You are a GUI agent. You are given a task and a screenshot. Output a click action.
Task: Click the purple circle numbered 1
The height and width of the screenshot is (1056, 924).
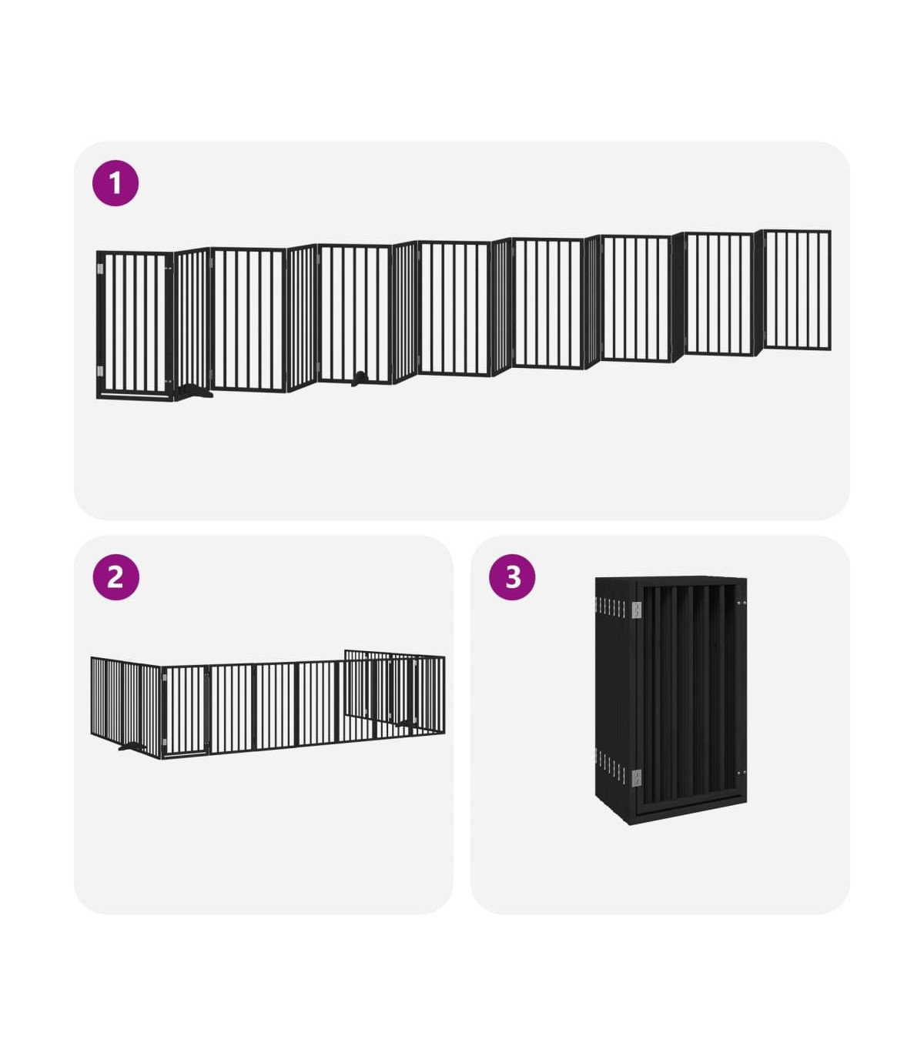tap(115, 183)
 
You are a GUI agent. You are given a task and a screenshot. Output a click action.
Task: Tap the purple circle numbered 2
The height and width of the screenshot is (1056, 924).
tap(115, 576)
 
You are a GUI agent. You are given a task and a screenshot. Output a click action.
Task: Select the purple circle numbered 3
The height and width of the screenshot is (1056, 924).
tap(512, 576)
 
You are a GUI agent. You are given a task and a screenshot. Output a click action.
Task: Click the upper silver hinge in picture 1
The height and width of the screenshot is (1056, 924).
tap(100, 269)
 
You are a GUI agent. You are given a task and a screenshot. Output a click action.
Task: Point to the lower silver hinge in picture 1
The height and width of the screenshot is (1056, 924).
tap(100, 371)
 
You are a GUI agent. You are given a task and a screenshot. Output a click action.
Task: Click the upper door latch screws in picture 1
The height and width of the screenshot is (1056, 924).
tap(168, 269)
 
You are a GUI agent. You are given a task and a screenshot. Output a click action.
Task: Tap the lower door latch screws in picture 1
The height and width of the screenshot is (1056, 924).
tap(168, 382)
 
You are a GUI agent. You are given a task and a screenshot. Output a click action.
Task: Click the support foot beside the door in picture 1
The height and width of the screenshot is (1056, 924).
tap(195, 392)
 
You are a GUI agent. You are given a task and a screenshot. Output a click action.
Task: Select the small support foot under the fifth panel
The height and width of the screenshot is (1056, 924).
tap(359, 379)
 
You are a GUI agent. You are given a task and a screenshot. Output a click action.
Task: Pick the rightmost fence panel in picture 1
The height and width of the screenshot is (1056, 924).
tap(797, 290)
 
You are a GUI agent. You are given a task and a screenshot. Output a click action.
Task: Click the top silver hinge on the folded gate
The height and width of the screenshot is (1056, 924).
tap(636, 610)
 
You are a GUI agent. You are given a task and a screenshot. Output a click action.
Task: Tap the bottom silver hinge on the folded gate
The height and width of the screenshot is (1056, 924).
tap(636, 778)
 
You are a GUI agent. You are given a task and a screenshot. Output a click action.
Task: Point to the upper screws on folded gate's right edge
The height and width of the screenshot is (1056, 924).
tap(742, 603)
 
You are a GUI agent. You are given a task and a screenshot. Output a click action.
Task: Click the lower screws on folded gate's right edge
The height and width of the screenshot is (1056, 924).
tap(742, 773)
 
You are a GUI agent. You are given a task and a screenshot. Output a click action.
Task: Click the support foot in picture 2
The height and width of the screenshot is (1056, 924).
tap(132, 746)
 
